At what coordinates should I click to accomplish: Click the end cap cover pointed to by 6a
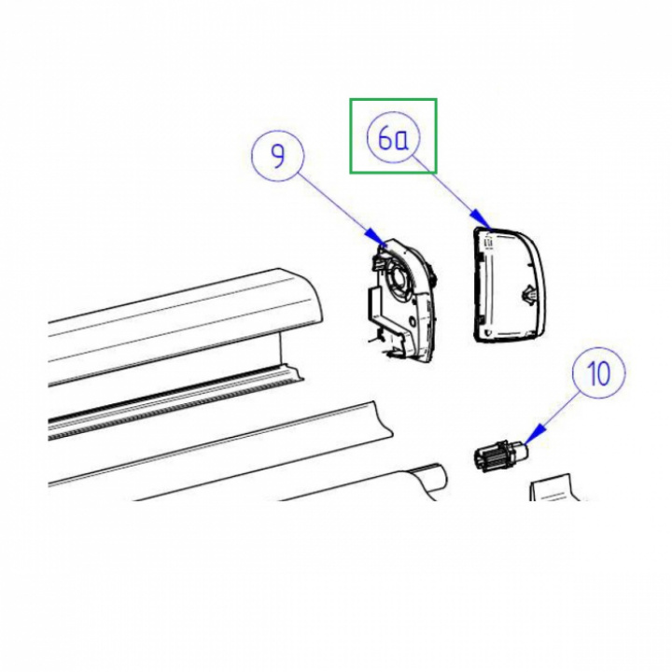coord(509,285)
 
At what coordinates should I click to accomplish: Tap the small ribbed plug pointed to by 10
coord(501,456)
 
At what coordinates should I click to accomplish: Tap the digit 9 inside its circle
coord(278,156)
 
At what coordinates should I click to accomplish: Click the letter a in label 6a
coord(400,141)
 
